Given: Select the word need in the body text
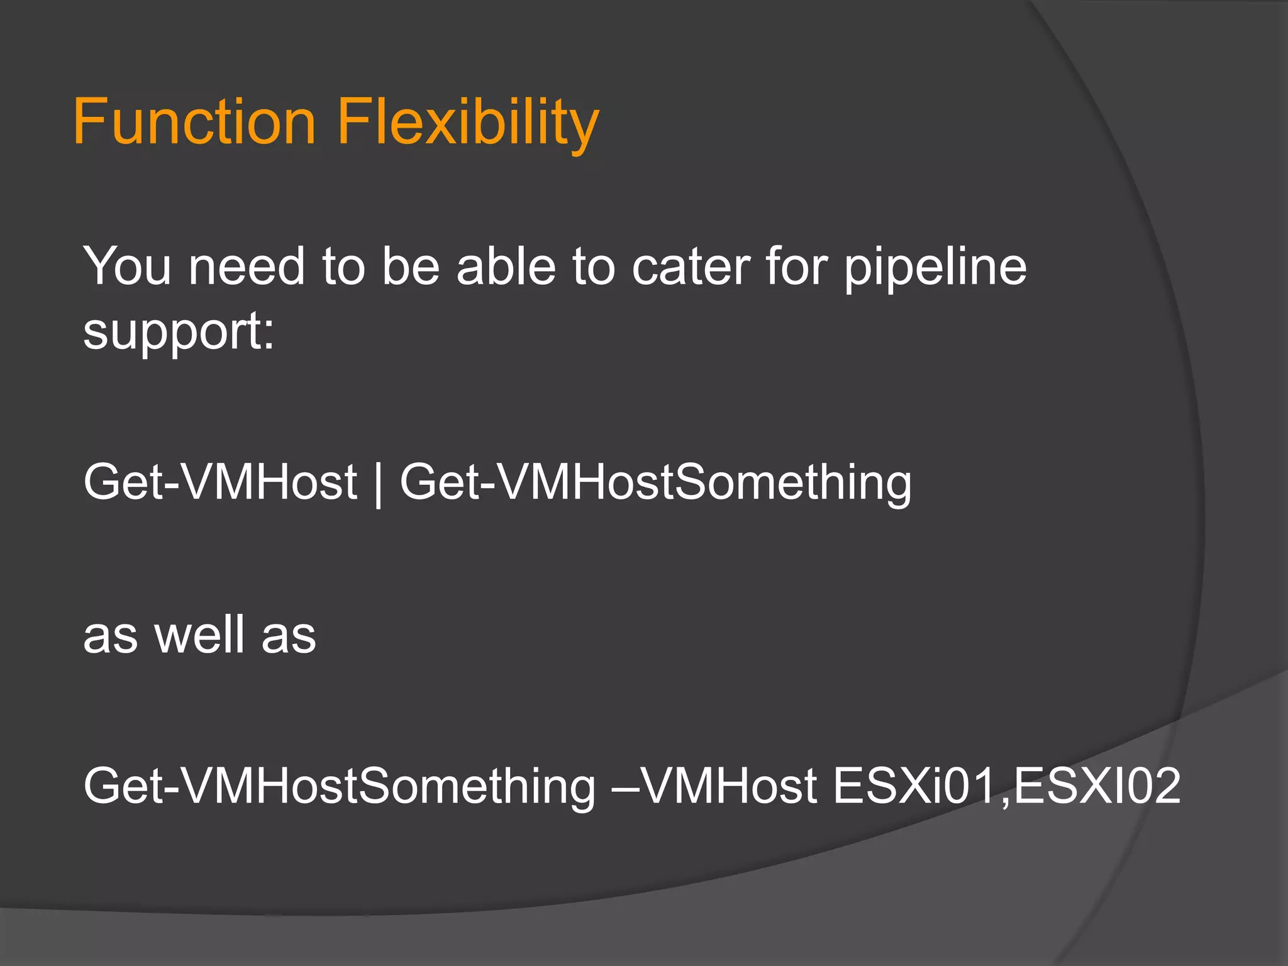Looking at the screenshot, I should pos(247,267).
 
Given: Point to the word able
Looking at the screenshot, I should pos(506,267).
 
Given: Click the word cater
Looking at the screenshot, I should pos(691,267).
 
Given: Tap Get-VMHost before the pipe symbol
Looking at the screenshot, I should pos(220,482).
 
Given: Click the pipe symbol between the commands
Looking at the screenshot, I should pos(377,484).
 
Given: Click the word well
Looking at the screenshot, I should pos(200,635).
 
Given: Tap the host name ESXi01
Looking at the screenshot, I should pos(914,786).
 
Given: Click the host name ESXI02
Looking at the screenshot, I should pos(1097,786).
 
